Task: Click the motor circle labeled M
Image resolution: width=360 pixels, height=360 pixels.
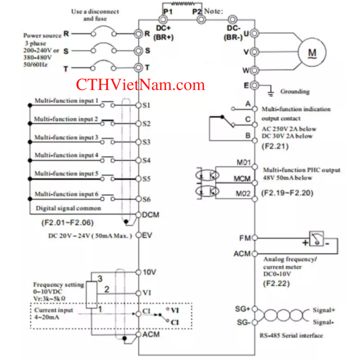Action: (x=312, y=52)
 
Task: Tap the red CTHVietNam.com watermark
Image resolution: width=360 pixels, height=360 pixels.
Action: (x=140, y=85)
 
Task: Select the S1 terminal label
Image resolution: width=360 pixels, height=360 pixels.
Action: (x=146, y=105)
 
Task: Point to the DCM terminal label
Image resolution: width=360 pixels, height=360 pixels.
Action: (x=151, y=215)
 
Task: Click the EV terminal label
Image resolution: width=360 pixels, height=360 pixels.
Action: (x=148, y=235)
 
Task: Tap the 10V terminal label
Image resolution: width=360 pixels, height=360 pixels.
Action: (x=149, y=272)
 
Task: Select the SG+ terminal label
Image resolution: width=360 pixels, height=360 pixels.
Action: (x=243, y=309)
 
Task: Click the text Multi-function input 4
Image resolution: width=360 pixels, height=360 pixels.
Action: (x=66, y=155)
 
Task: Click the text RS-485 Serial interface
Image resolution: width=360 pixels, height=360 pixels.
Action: (x=291, y=336)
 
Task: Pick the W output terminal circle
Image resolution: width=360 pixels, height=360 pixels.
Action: (x=255, y=69)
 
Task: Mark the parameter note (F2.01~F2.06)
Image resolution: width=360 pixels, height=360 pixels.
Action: (x=67, y=223)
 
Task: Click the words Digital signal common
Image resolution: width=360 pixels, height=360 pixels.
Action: (x=68, y=208)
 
